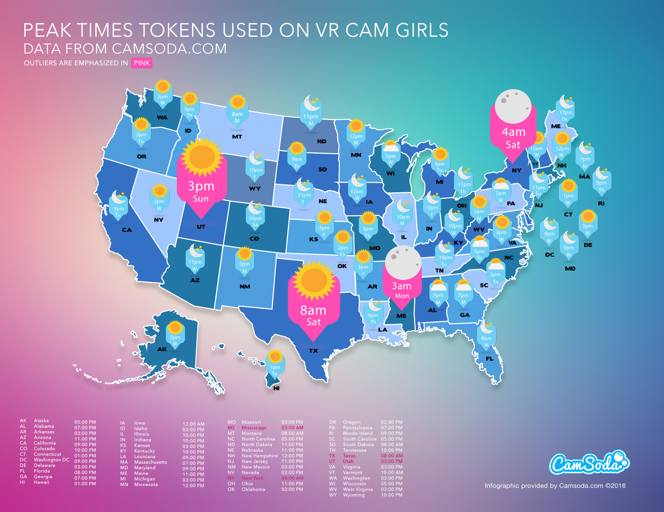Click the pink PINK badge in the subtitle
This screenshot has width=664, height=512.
tap(142, 63)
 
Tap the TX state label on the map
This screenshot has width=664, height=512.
tap(313, 351)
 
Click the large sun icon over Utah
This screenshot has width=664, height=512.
tap(201, 157)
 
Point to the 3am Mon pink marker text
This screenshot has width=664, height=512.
tap(402, 290)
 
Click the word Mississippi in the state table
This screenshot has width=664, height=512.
tap(254, 428)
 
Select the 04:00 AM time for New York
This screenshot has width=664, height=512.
tap(292, 478)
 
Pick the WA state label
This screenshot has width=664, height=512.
tap(162, 117)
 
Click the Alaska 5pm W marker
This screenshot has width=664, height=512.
tap(175, 337)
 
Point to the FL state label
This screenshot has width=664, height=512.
tap(490, 359)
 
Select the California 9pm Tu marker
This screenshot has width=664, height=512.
tap(118, 206)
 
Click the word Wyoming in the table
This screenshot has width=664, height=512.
tap(354, 495)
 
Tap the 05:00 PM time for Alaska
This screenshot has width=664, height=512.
tap(85, 422)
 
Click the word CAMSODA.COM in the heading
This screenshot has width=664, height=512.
tap(169, 49)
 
